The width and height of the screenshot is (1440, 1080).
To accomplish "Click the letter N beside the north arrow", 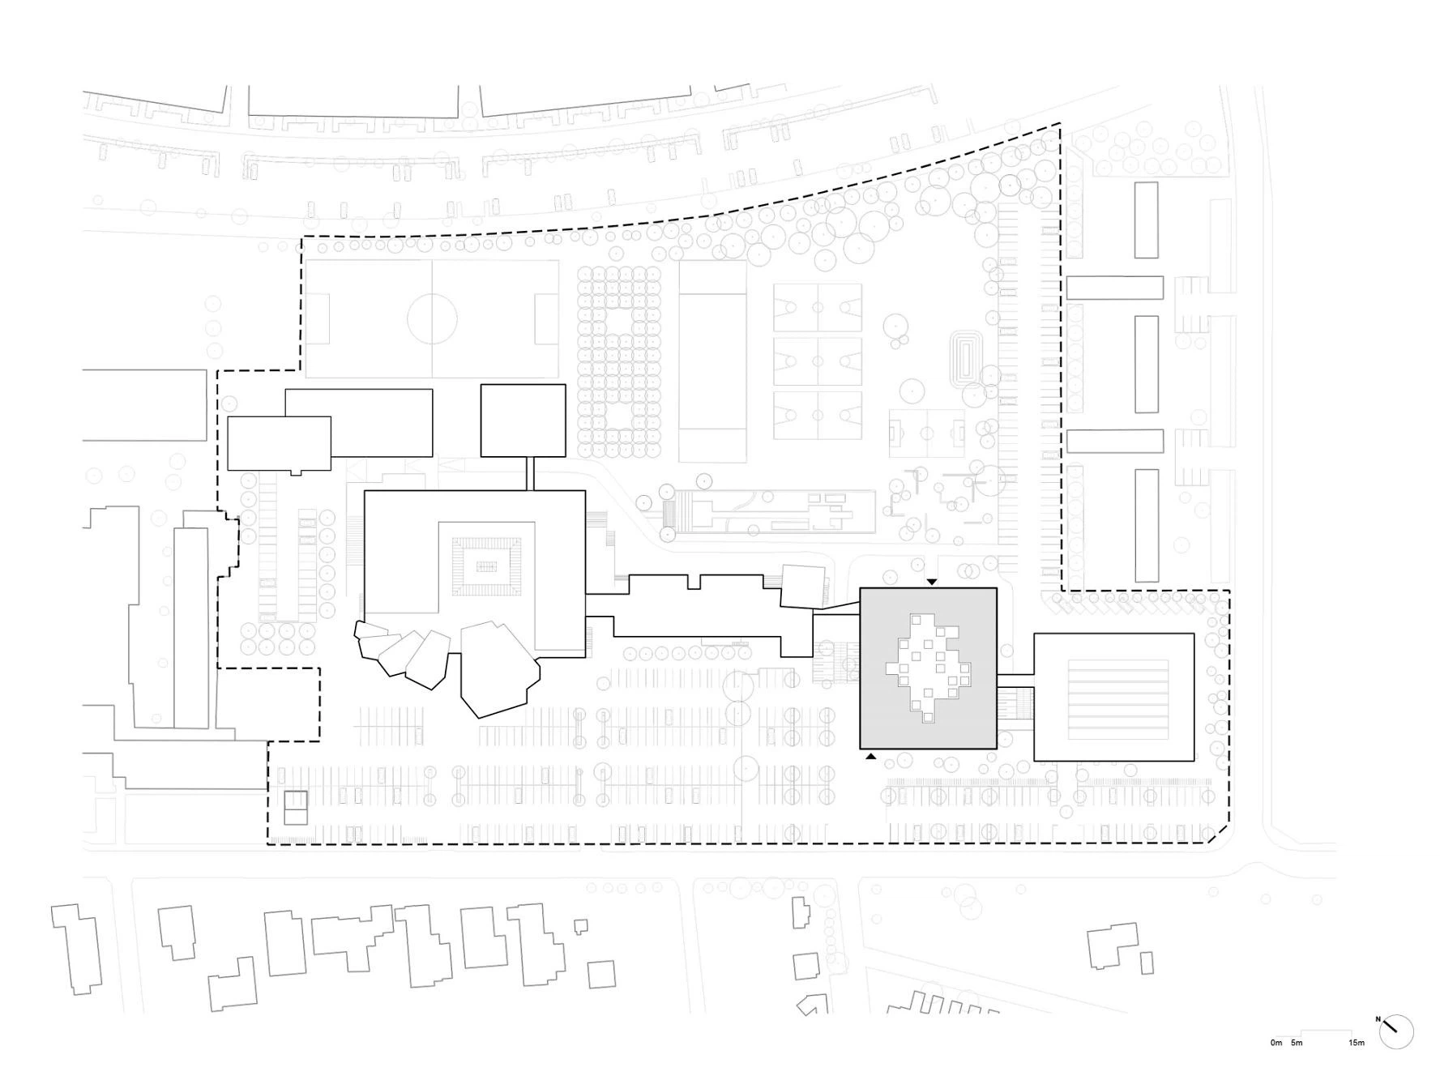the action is tap(1378, 1019).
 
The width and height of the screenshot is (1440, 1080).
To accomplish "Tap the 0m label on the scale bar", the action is tap(1276, 1043).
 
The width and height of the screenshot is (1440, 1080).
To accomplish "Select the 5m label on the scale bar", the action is tap(1297, 1043).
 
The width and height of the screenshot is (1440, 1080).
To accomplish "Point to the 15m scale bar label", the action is tap(1357, 1043).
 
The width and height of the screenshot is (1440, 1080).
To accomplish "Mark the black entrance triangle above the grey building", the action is tap(932, 582).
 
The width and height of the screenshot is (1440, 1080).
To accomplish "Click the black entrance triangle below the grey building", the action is tap(870, 757).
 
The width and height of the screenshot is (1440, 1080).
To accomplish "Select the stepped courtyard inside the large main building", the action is tap(486, 566).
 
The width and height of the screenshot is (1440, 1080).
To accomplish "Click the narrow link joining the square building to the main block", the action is tap(531, 473).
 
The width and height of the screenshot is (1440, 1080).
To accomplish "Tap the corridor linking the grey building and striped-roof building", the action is tap(1015, 674).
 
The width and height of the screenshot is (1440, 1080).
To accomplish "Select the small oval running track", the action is tap(968, 356).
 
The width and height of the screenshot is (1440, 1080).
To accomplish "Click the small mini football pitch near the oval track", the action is tap(927, 433).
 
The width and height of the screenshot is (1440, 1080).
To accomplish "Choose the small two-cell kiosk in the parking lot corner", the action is tap(296, 808).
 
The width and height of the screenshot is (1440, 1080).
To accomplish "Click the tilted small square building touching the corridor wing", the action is tap(803, 586).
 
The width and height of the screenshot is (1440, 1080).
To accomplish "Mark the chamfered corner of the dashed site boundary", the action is tap(1219, 835).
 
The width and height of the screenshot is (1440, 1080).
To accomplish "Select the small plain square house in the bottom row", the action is tap(601, 975).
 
